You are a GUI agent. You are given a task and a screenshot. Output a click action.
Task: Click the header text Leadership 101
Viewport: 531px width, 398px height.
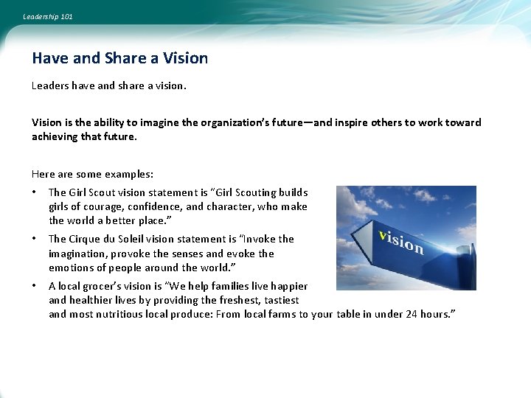tap(48, 16)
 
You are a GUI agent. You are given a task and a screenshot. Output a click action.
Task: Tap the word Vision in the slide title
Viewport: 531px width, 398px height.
tap(186, 58)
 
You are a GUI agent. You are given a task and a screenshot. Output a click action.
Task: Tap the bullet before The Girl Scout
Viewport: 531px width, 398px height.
tap(34, 192)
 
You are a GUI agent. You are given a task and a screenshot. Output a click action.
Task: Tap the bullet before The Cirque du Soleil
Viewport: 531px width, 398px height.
tap(34, 239)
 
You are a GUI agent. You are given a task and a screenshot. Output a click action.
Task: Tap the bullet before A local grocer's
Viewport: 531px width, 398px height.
tap(34, 286)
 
